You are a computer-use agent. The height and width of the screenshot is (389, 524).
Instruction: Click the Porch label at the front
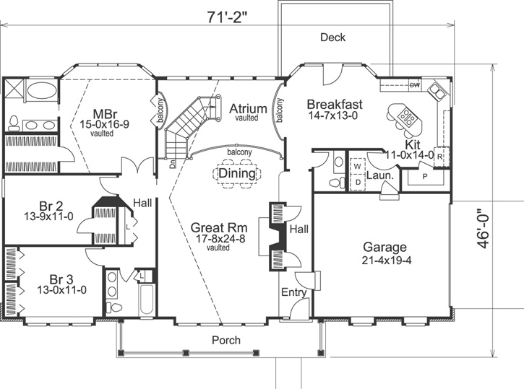tap(226, 340)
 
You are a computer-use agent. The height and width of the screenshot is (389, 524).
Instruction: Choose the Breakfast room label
tap(334, 103)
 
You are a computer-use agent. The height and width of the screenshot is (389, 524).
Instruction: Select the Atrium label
tap(248, 109)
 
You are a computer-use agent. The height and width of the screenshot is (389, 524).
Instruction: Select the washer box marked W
tap(357, 165)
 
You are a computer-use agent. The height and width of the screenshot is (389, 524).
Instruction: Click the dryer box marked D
tap(357, 182)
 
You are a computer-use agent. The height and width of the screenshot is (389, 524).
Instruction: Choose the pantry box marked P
tap(424, 175)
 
